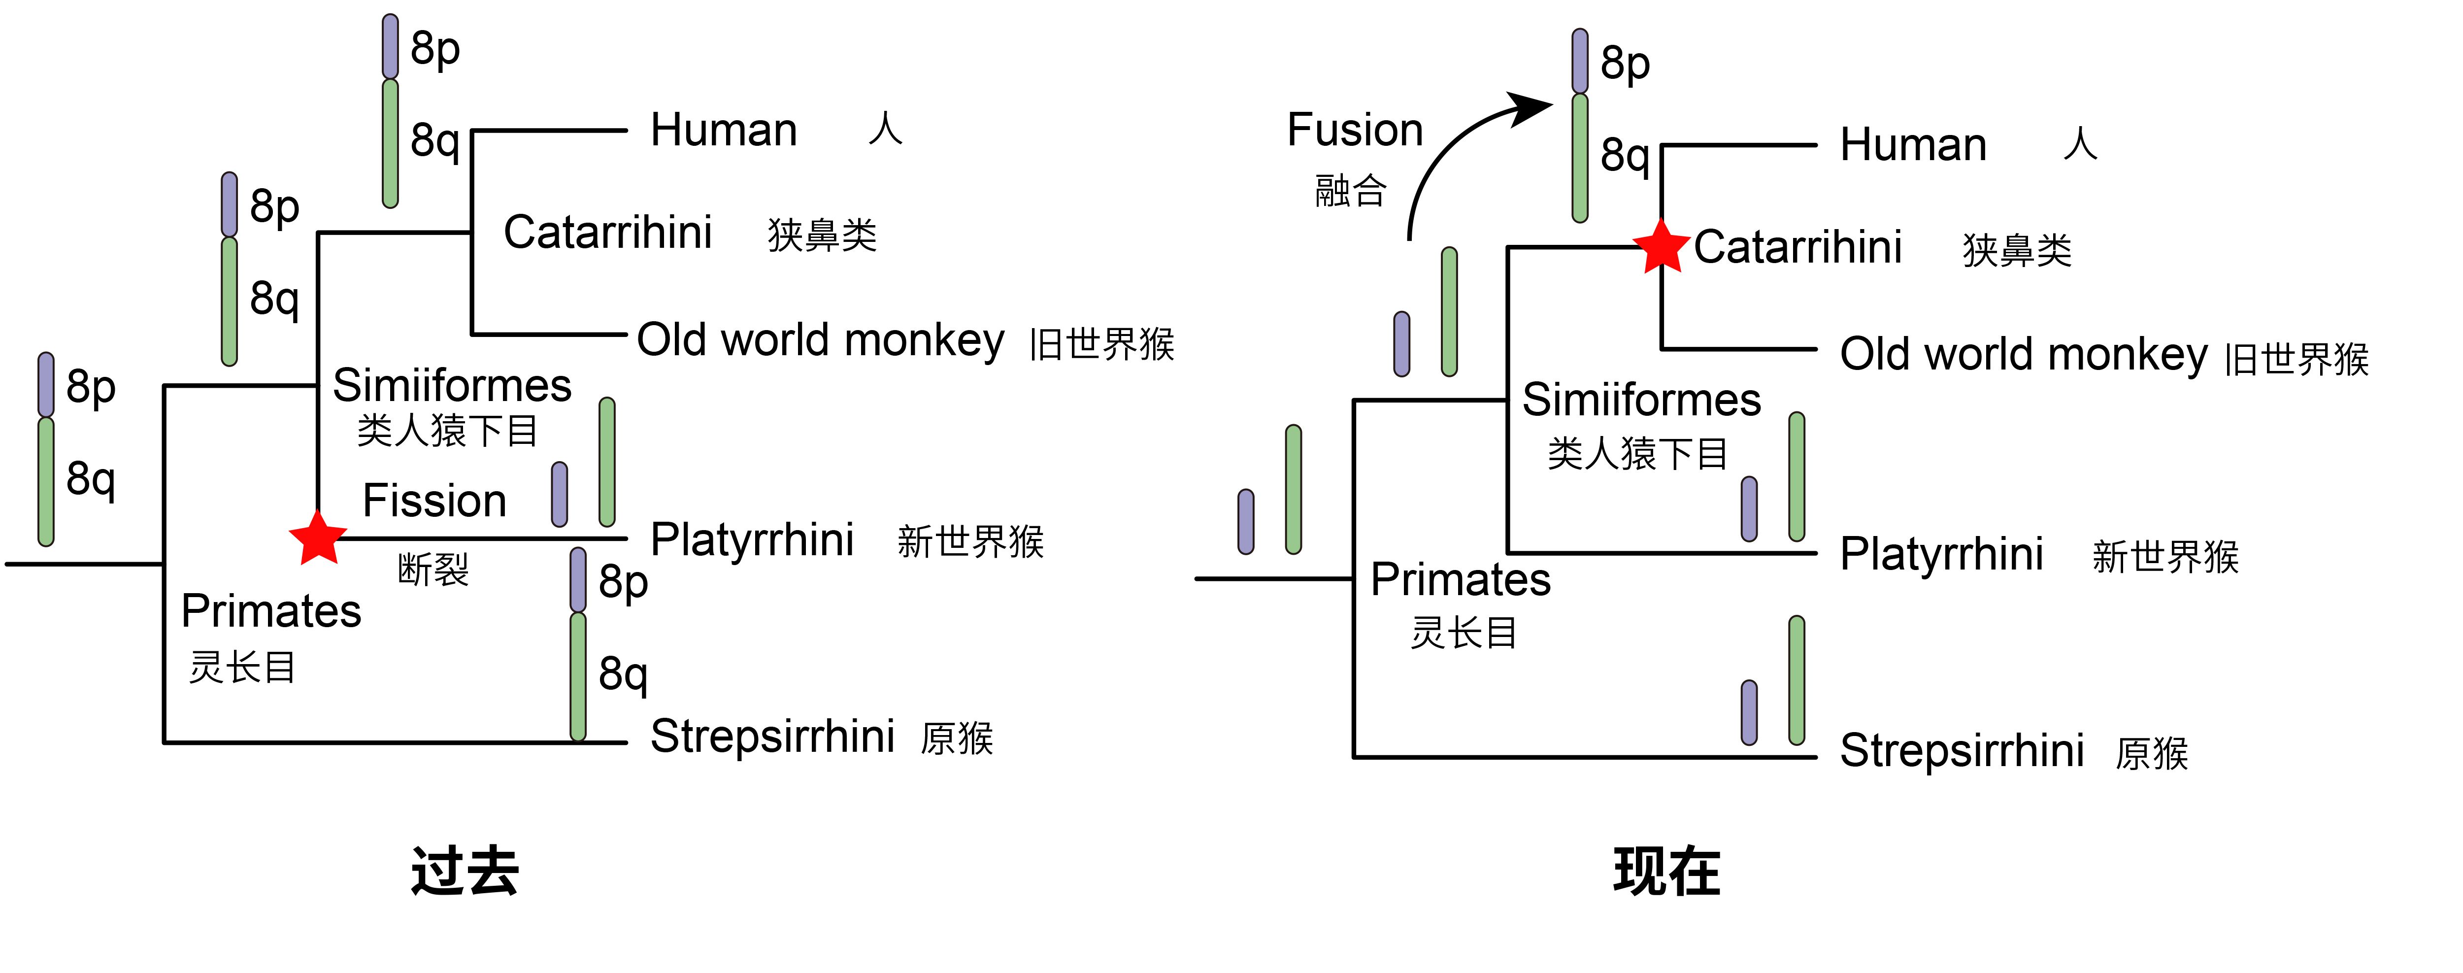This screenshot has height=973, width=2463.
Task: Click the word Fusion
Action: [x=1355, y=130]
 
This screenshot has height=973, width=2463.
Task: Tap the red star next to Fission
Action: [x=317, y=537]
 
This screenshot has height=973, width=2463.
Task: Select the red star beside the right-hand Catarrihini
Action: [x=1662, y=247]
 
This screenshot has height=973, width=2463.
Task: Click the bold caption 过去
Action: [x=465, y=872]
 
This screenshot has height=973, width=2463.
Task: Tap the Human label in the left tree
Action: [x=724, y=130]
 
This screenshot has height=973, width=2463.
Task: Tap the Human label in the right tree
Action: [x=1913, y=145]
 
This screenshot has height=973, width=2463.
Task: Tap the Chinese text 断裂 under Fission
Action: [x=433, y=570]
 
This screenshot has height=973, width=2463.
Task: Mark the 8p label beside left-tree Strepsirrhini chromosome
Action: [x=624, y=583]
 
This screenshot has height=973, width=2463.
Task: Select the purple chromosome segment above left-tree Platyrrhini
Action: [x=559, y=494]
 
